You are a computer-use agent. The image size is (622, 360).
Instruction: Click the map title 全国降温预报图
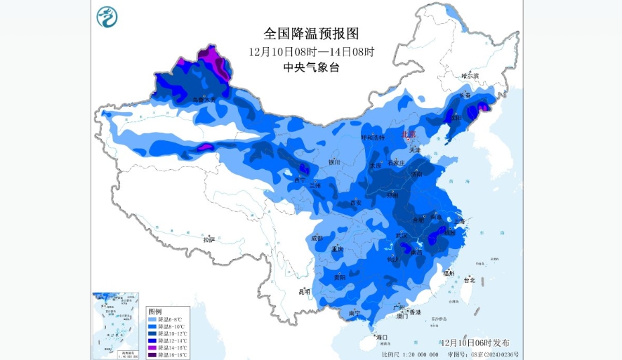pos(311,34)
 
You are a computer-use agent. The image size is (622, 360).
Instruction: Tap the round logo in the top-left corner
pos(107,16)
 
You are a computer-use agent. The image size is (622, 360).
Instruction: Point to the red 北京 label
pos(408,133)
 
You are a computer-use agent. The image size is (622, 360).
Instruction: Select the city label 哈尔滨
pos(470,75)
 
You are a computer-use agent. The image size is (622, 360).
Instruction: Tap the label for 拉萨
pos(209,239)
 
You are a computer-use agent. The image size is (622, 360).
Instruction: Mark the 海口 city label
pos(382,338)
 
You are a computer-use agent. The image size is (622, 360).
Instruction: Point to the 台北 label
pos(470,279)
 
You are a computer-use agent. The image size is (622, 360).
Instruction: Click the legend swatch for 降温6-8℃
pos(152,319)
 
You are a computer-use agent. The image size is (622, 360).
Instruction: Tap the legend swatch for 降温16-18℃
pos(152,355)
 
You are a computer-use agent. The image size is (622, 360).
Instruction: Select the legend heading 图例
pos(155,311)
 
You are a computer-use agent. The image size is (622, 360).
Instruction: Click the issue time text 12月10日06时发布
pos(476,342)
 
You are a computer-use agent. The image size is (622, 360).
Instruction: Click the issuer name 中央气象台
pos(311,67)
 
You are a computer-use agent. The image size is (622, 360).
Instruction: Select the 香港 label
pos(416,312)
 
